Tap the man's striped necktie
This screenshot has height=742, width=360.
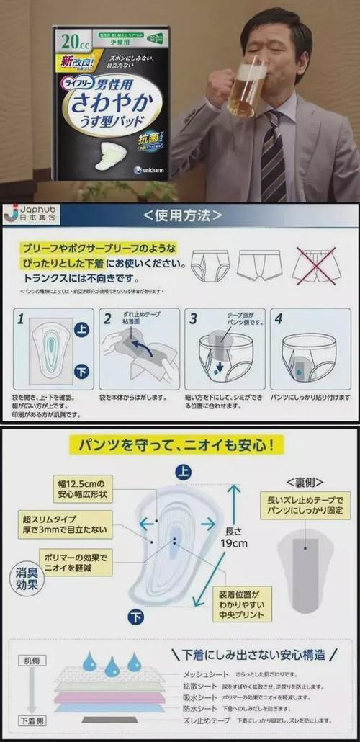(273, 156)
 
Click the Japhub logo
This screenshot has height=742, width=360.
(33, 214)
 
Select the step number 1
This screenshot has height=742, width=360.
(21, 318)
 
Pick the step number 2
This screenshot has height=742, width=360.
(107, 318)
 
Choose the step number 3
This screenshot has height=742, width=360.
(193, 318)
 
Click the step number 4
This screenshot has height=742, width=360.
(279, 318)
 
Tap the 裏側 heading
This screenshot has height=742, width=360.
(305, 480)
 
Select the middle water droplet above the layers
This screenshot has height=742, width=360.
(112, 666)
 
